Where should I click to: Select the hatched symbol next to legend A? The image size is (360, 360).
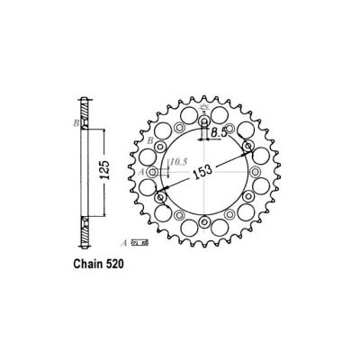(x=137, y=242)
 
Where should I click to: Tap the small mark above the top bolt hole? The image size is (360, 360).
(x=203, y=110)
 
